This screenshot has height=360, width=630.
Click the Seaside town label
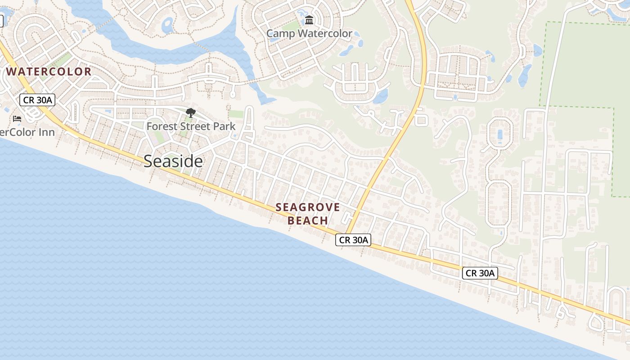pos(173,161)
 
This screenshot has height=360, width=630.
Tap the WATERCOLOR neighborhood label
pos(49,72)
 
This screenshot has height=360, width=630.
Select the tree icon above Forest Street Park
pos(191,113)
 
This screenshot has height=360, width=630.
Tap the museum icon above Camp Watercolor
pos(309,20)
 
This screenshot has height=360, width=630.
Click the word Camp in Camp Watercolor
pos(280,34)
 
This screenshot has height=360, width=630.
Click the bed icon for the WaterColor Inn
pos(17,119)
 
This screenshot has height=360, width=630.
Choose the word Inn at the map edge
pos(46,132)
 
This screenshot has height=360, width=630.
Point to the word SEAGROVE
pos(308,207)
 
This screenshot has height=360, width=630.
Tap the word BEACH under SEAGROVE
pos(308,220)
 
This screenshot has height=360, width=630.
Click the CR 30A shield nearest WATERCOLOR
pos(37,100)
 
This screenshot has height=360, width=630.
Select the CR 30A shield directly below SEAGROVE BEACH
pos(353,240)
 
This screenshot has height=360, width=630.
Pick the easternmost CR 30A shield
pos(480,273)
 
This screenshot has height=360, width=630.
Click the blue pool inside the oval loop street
pos(500,135)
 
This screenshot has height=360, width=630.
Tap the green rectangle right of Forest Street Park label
pos(236,114)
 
